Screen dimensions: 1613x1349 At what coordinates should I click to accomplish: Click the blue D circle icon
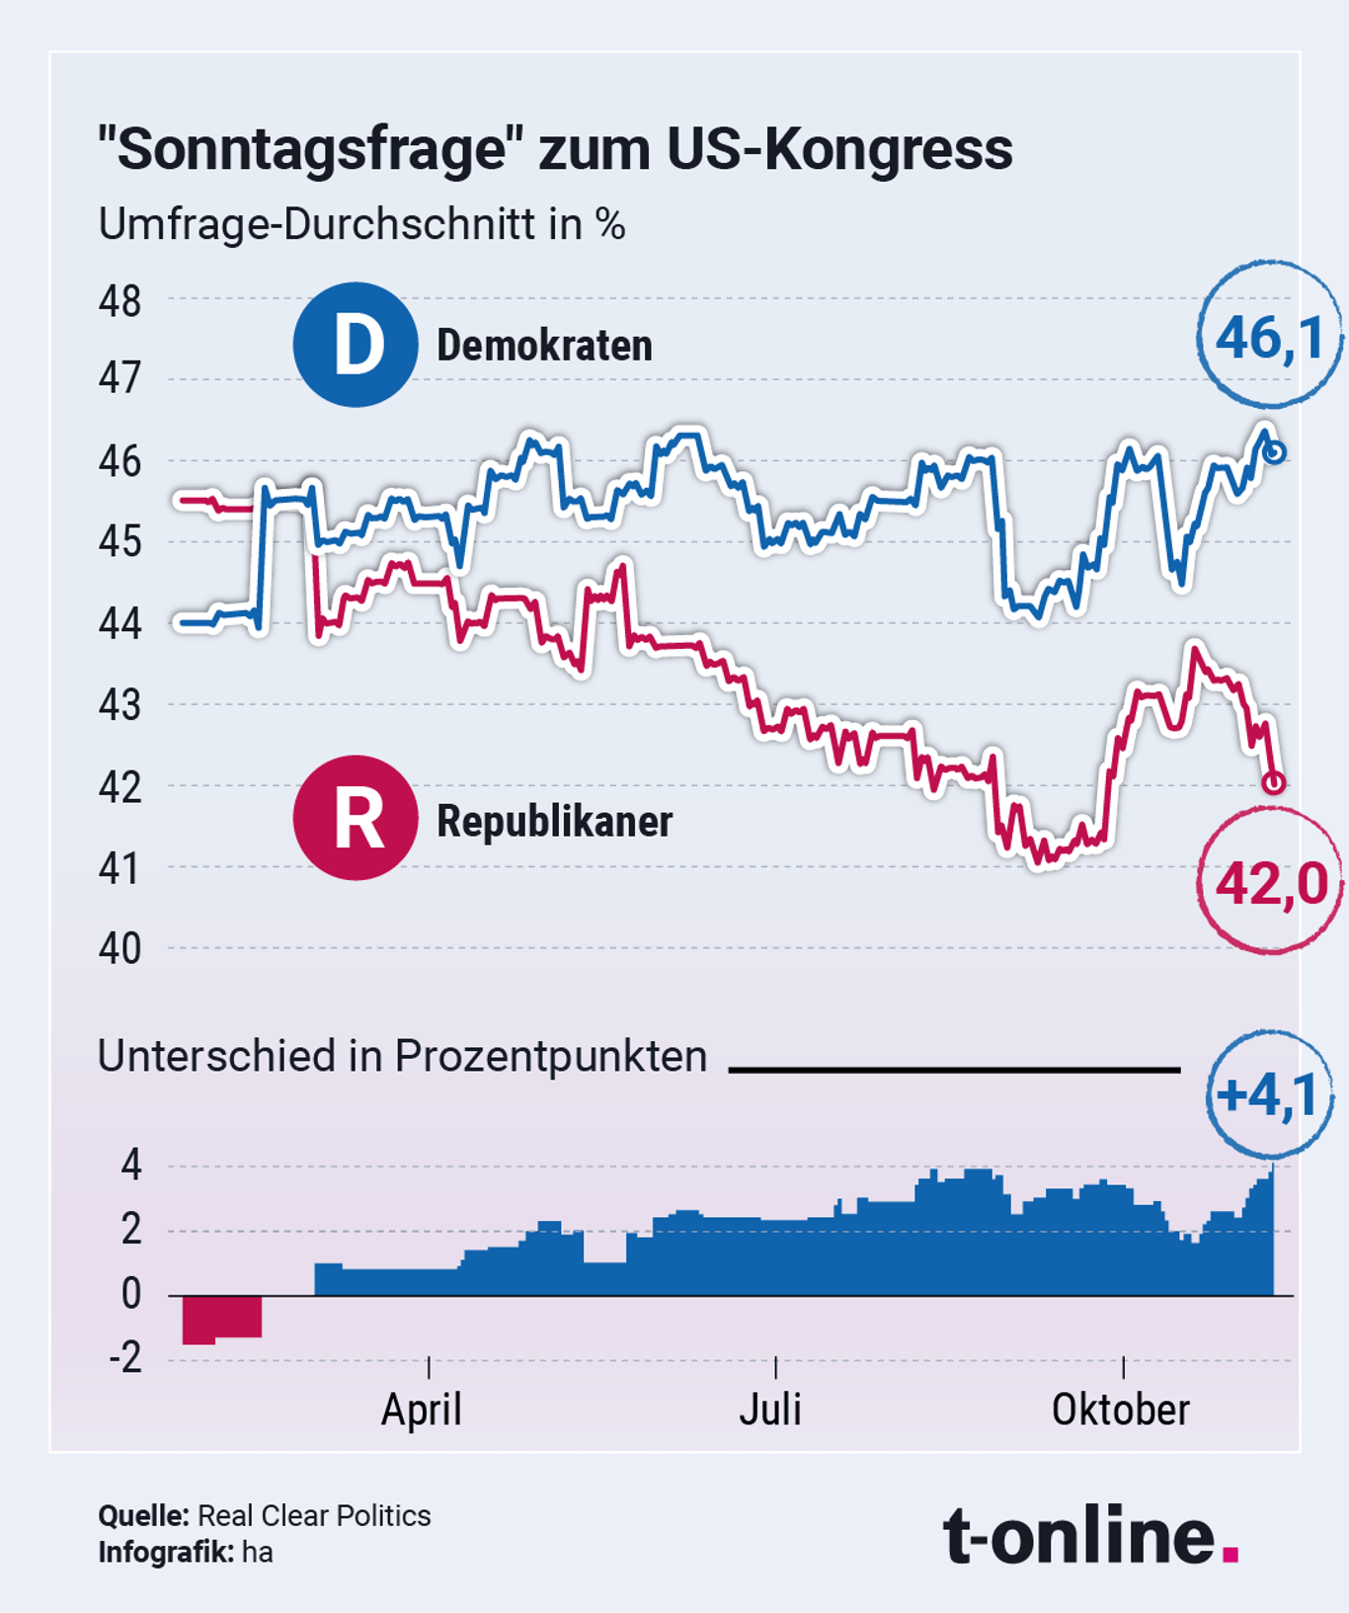pyautogui.click(x=355, y=345)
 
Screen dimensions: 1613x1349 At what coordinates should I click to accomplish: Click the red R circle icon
pyautogui.click(x=355, y=818)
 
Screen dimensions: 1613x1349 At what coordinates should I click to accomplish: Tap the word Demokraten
pyautogui.click(x=544, y=346)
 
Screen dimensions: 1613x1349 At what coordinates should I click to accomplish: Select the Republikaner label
pyautogui.click(x=554, y=821)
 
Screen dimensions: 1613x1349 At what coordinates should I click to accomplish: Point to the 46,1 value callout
pyautogui.click(x=1270, y=337)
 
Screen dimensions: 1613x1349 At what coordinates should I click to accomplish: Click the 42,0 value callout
pyautogui.click(x=1271, y=882)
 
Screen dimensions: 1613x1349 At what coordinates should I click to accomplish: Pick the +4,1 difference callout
pyautogui.click(x=1270, y=1094)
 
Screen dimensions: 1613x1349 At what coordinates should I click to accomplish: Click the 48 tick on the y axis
pyautogui.click(x=119, y=301)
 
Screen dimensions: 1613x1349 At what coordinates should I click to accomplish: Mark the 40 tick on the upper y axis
pyautogui.click(x=119, y=948)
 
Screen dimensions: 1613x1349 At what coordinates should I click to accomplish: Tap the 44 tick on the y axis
pyautogui.click(x=119, y=624)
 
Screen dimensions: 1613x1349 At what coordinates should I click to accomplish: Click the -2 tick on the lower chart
pyautogui.click(x=125, y=1359)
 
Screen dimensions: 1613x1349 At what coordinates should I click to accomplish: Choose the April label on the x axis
pyautogui.click(x=422, y=1409)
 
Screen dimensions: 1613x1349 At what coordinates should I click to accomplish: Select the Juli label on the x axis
pyautogui.click(x=770, y=1409)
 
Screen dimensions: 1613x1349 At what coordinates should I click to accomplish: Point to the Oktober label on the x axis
pyautogui.click(x=1120, y=1409)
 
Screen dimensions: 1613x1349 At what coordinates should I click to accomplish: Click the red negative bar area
pyautogui.click(x=221, y=1319)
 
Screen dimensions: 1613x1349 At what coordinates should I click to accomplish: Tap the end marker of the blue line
pyautogui.click(x=1274, y=452)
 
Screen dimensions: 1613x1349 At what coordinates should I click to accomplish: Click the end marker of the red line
pyautogui.click(x=1274, y=782)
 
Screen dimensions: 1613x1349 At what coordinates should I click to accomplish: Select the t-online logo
pyautogui.click(x=1090, y=1534)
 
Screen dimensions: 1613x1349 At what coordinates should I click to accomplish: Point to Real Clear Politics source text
pyautogui.click(x=314, y=1515)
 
